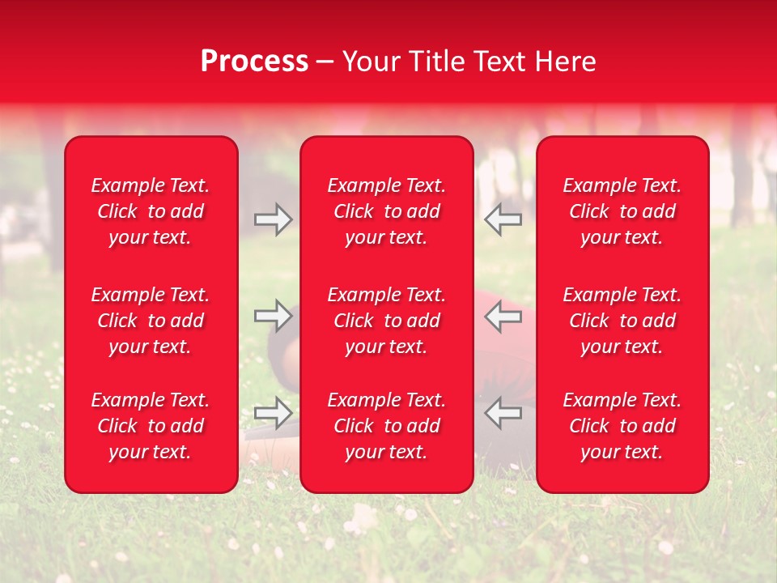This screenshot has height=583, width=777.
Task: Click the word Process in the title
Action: click(x=254, y=62)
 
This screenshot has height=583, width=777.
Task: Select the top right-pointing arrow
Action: click(x=274, y=219)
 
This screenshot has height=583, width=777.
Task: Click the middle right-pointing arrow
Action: click(x=274, y=316)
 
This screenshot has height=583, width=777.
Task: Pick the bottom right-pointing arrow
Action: click(x=274, y=413)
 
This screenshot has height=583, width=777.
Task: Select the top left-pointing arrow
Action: click(x=503, y=219)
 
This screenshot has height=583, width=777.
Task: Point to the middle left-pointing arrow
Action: click(x=503, y=316)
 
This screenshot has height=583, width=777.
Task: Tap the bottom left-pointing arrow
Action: click(x=503, y=413)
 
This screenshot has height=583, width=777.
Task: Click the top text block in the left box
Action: click(x=151, y=211)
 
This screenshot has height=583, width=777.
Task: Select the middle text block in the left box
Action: click(x=151, y=321)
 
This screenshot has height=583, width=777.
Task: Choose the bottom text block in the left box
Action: click(x=151, y=426)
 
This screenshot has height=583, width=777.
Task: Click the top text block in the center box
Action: click(x=387, y=211)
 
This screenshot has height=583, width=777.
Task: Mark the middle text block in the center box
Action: click(x=387, y=321)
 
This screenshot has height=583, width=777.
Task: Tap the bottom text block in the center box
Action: click(x=387, y=426)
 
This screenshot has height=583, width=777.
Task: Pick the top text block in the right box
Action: click(x=622, y=211)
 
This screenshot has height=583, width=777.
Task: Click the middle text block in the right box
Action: click(x=622, y=321)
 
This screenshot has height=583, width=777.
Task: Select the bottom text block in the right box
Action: click(x=622, y=426)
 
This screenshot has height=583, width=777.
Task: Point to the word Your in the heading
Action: click(x=369, y=62)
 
